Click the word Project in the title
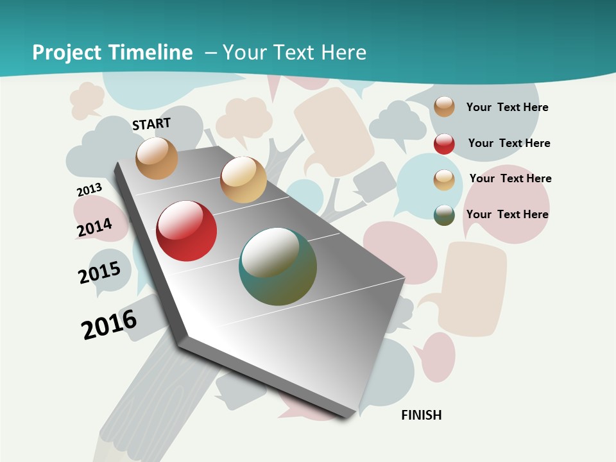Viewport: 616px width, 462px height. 67,53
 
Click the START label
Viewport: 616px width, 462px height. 151,124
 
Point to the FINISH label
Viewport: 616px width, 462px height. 422,415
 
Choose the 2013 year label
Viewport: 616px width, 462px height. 89,190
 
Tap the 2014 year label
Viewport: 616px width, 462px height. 94,228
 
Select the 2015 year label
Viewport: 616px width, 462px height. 99,273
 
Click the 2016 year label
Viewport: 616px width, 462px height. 109,324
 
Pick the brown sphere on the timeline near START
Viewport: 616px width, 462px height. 157,158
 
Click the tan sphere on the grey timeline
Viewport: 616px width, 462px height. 243,180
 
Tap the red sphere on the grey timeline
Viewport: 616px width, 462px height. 187,231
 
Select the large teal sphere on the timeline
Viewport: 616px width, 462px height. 278,266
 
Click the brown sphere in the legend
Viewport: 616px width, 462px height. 444,107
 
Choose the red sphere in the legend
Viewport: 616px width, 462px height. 444,143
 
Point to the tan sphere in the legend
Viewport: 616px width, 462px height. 444,180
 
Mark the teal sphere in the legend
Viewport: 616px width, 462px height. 444,215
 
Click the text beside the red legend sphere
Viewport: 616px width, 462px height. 509,143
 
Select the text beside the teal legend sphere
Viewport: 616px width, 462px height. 507,214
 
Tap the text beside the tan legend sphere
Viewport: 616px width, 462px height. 510,178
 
